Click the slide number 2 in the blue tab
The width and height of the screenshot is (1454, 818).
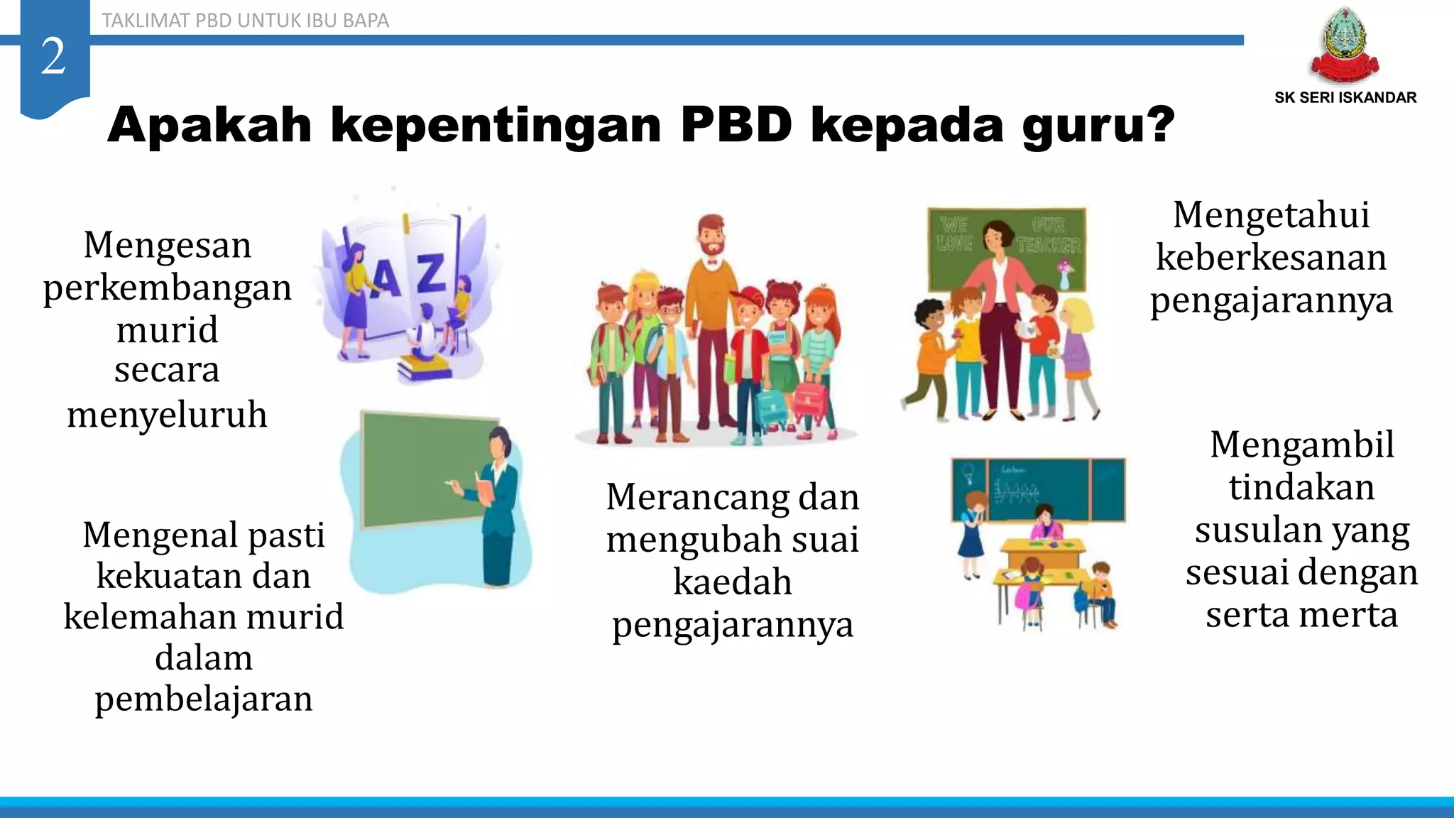(53, 56)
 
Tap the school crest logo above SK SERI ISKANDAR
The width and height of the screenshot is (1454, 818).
(1344, 47)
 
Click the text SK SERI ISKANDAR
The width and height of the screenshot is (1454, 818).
(1345, 98)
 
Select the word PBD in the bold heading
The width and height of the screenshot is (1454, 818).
(736, 125)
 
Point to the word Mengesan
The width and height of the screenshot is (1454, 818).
(168, 246)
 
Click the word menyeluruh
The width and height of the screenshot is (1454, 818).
(168, 415)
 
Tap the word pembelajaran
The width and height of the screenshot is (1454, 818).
(204, 699)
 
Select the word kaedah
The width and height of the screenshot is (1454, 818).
(732, 582)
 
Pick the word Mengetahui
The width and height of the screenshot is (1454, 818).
(1271, 215)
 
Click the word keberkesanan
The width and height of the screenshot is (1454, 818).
(1271, 258)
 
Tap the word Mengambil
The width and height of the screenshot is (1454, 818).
(1301, 445)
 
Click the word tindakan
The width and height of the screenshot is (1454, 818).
(1301, 488)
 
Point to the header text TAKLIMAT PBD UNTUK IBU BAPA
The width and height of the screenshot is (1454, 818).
(245, 21)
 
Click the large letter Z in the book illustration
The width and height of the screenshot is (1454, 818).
(430, 274)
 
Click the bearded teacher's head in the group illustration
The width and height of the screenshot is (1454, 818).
(711, 236)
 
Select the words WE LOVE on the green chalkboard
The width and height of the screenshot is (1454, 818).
(954, 235)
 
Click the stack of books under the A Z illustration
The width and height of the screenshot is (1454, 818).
(425, 367)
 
